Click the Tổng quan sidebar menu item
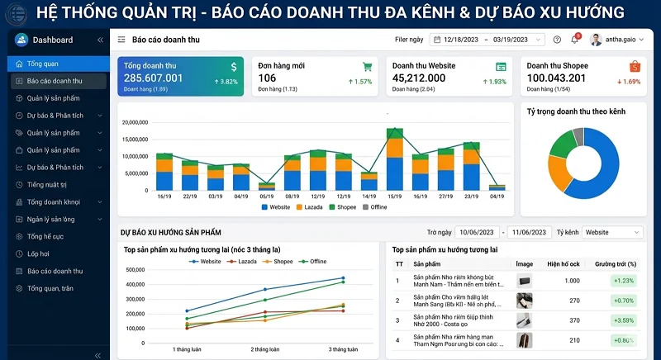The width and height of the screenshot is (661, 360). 42,64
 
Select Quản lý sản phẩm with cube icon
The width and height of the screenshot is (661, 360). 54,98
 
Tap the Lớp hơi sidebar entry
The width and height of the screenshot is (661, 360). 38,253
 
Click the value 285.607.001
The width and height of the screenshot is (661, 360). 154,78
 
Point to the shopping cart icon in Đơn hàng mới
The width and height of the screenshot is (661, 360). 367,66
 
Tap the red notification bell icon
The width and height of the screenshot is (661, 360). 574,40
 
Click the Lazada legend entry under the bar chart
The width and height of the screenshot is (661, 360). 310,207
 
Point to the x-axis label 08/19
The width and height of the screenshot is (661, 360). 292,196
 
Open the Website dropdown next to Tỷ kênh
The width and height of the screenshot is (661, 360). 612,233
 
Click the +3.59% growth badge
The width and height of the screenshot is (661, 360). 624,320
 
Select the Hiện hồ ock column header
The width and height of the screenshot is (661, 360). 564,263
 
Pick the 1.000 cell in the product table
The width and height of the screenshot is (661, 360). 571,281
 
